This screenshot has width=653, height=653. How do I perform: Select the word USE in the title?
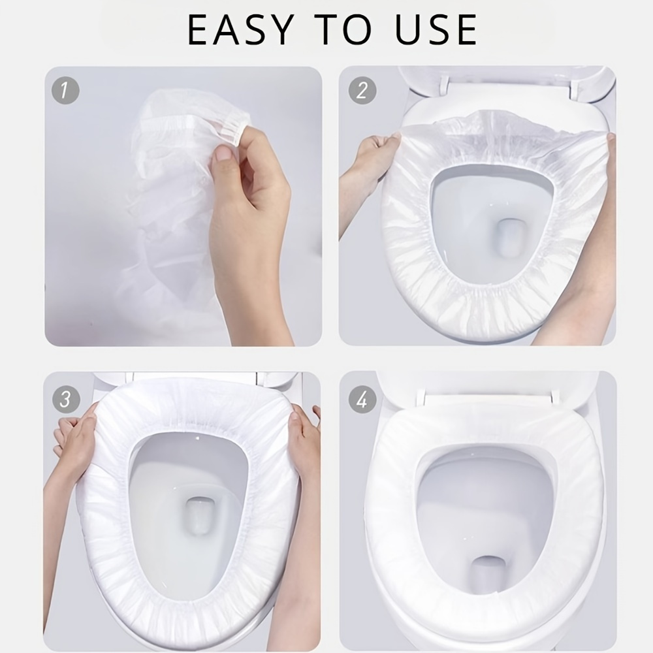[x=436, y=29]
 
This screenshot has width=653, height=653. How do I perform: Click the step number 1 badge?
[x=65, y=90]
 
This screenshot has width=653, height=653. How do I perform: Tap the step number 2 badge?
[x=362, y=90]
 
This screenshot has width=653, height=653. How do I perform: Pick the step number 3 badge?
[x=66, y=399]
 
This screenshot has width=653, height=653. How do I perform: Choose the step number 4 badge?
[x=362, y=399]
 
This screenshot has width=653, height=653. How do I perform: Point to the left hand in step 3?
[x=74, y=438]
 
